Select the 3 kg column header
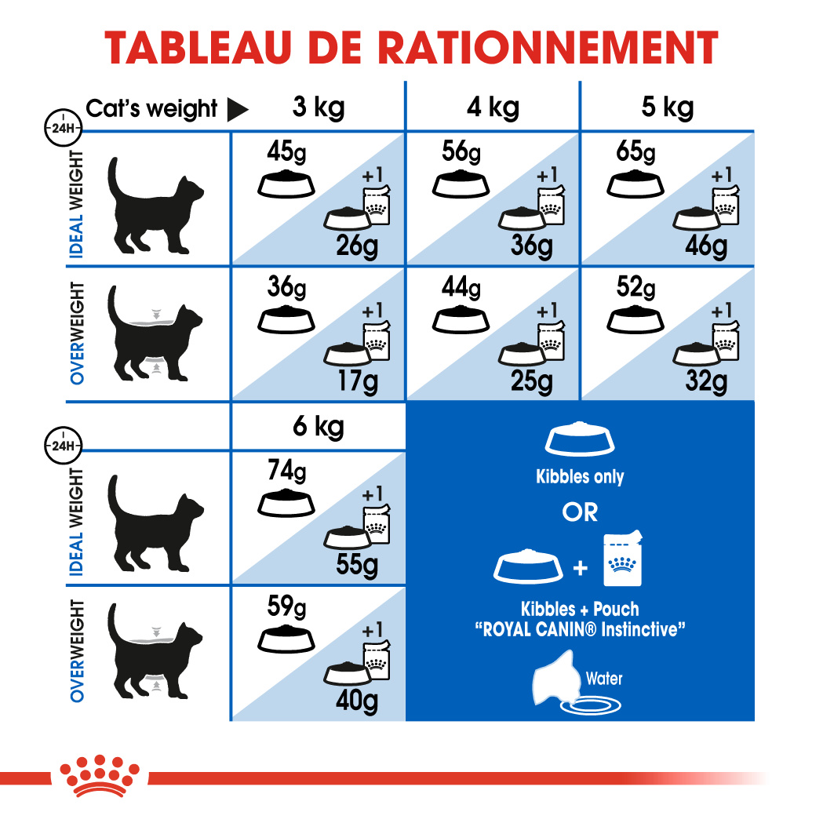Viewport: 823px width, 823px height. coord(318,107)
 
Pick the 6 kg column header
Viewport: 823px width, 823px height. coord(318,427)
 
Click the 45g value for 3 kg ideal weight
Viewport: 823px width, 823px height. coord(285,151)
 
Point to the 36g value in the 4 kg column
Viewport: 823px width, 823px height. coord(531,246)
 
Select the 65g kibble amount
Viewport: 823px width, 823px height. coord(635,151)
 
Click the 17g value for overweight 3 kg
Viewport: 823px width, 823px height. coord(357,382)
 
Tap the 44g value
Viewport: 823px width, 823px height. coord(460,289)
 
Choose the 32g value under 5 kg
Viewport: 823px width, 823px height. coord(705,382)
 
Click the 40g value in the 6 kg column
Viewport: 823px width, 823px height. coord(357,701)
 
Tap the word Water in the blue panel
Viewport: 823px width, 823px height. coord(604,678)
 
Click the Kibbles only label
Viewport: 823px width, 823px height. coord(580,476)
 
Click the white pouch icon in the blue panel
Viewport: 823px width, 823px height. coord(624,559)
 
